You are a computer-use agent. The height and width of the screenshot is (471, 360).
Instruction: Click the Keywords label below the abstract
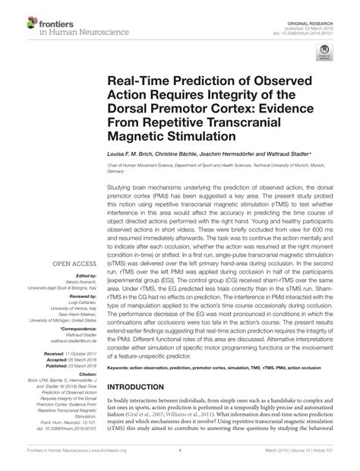coord(121,389)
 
